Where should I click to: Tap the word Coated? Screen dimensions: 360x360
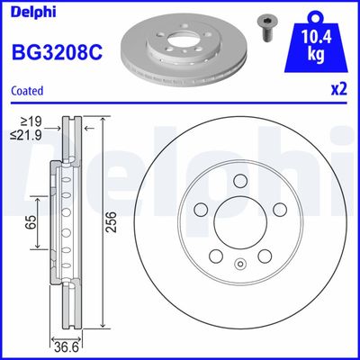coord(27,90)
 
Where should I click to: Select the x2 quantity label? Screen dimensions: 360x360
coord(339,90)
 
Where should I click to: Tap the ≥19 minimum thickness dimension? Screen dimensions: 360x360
coord(34,120)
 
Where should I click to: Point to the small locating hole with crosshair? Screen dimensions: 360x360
coord(240,265)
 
